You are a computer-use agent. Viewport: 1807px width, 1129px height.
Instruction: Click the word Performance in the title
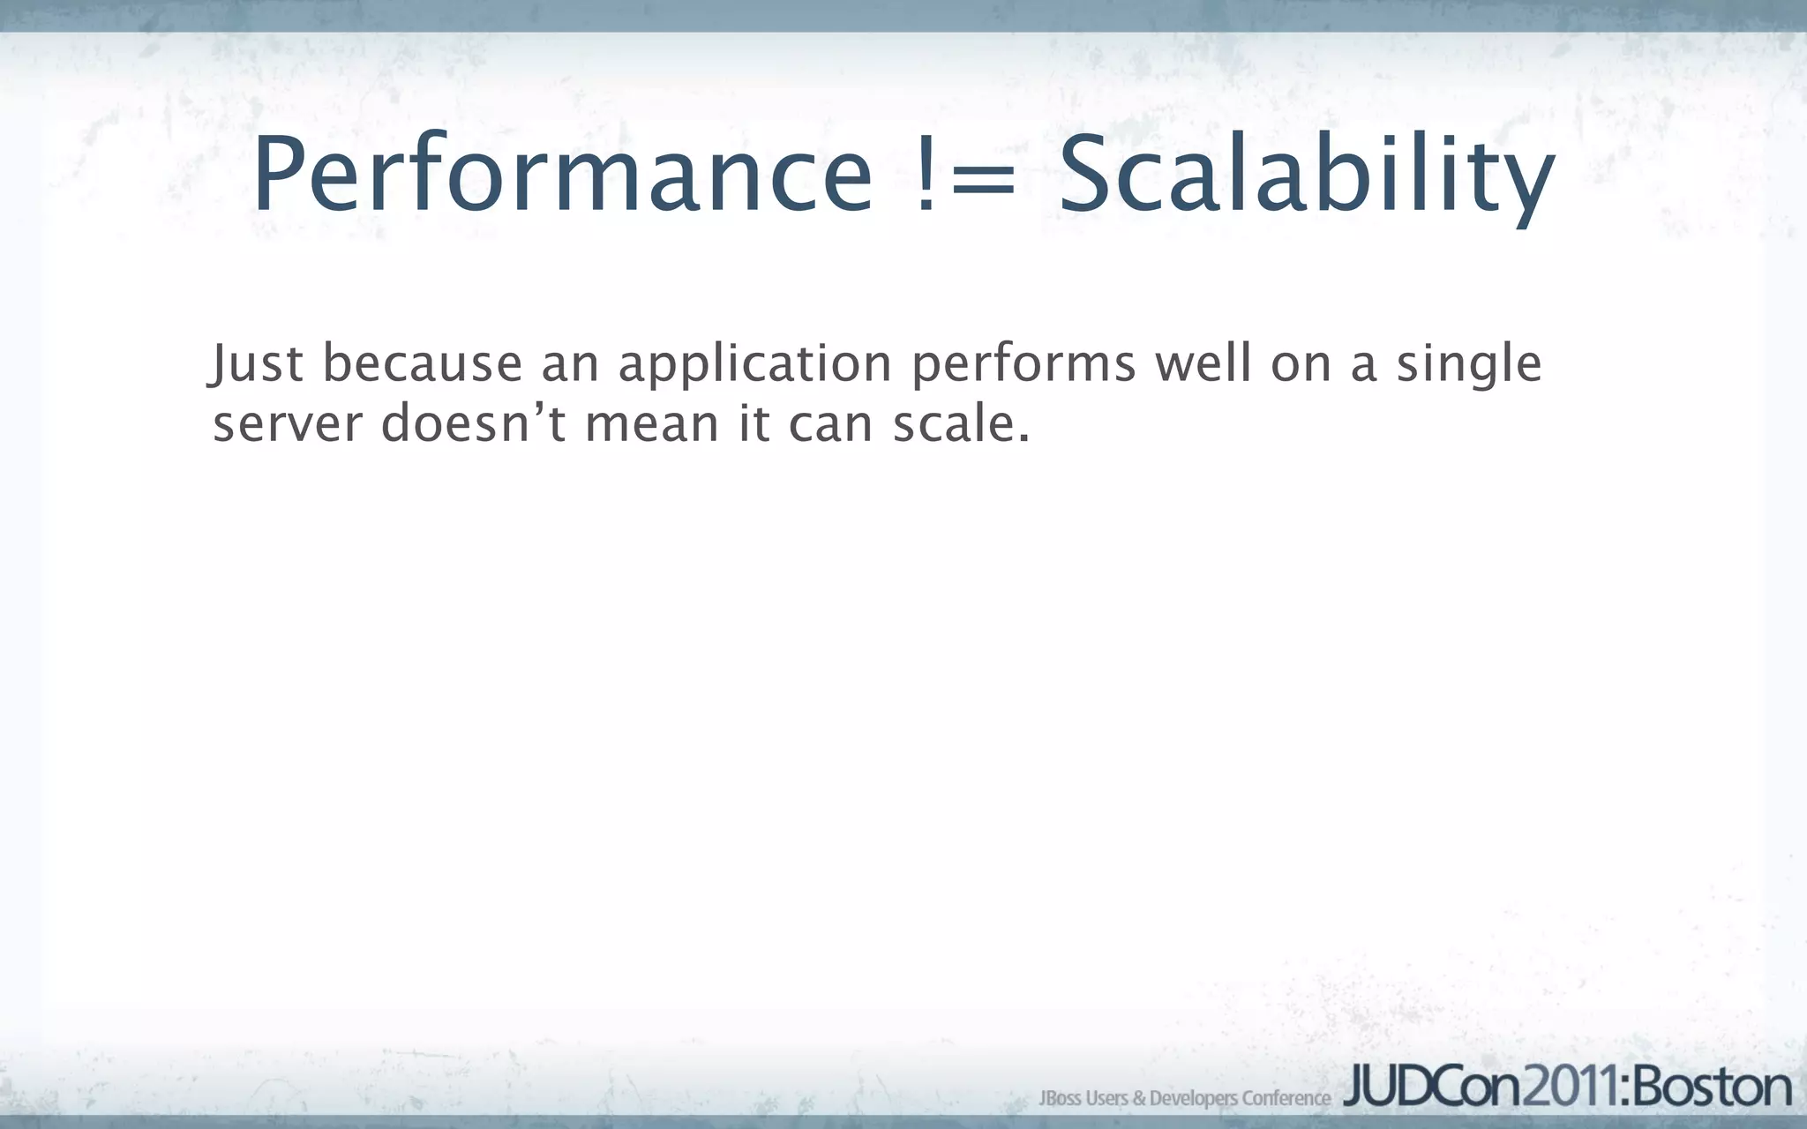[x=562, y=175]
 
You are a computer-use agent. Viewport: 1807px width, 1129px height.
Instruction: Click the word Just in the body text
[x=257, y=363]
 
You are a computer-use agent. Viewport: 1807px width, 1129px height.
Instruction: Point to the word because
[x=423, y=363]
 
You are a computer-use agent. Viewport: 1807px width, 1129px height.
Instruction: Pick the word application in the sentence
[x=754, y=365]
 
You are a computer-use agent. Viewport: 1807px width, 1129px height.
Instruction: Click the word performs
[x=1023, y=365]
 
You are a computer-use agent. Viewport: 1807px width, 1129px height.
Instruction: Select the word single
[x=1468, y=365]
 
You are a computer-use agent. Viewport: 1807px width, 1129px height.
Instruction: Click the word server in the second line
[x=288, y=425]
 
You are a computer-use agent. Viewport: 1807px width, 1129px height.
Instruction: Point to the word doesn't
[x=474, y=423]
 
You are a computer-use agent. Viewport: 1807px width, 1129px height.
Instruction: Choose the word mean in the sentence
[x=652, y=425]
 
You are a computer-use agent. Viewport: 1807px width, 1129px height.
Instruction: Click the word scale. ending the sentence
[x=961, y=423]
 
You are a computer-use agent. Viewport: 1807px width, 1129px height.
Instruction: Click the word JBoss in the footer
[x=1060, y=1098]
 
